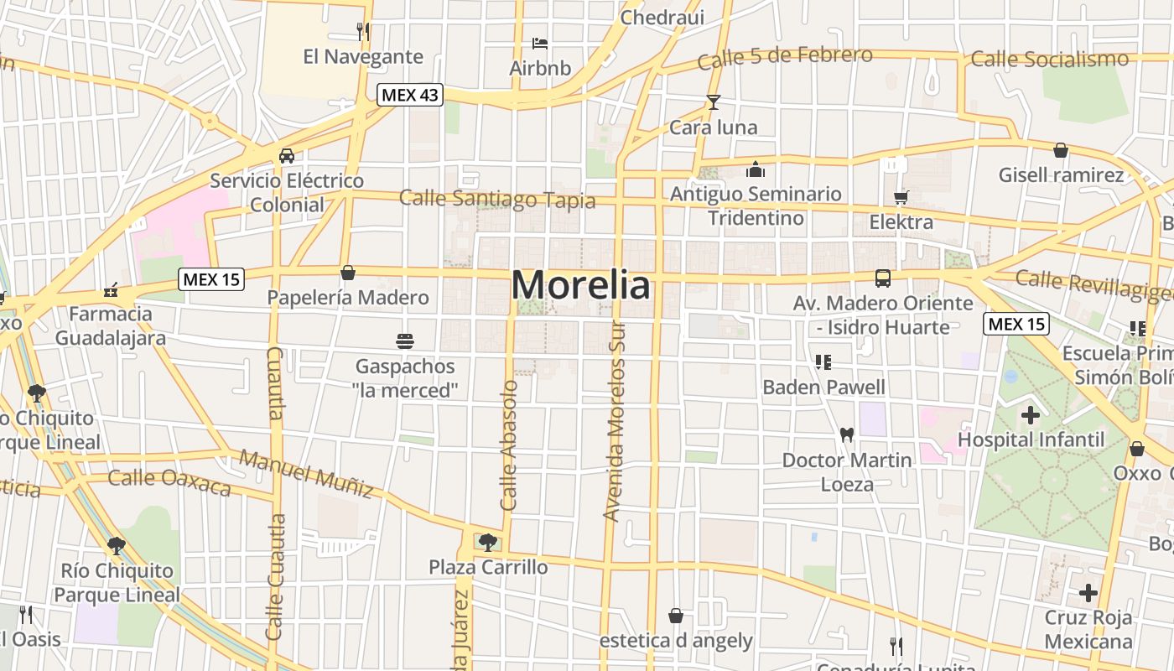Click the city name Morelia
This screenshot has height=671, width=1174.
(x=580, y=285)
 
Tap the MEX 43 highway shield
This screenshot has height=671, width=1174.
(x=409, y=95)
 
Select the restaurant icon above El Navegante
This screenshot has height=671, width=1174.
(x=363, y=32)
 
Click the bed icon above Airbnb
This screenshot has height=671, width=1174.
(x=540, y=43)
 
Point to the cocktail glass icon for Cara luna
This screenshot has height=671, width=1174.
(x=713, y=102)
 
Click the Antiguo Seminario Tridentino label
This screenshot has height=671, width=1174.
(x=756, y=205)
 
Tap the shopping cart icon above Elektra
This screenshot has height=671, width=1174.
(x=901, y=197)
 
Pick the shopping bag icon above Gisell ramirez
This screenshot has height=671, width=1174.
(x=1061, y=150)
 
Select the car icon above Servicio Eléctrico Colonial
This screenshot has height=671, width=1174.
(x=287, y=155)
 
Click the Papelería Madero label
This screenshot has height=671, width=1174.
(x=348, y=297)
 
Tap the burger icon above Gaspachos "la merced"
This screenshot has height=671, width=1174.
(x=405, y=341)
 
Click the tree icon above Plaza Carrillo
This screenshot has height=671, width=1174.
(x=487, y=542)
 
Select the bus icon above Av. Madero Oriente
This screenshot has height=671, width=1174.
(x=883, y=278)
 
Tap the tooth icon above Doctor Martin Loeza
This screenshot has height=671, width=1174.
(x=846, y=434)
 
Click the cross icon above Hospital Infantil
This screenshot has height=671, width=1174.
(x=1031, y=414)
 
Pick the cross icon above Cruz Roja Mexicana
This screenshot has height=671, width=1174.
(x=1088, y=593)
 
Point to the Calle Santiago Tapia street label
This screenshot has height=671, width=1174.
(x=497, y=199)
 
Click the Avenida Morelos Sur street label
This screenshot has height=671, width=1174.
(x=616, y=421)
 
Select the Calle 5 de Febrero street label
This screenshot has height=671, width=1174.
(x=785, y=58)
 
